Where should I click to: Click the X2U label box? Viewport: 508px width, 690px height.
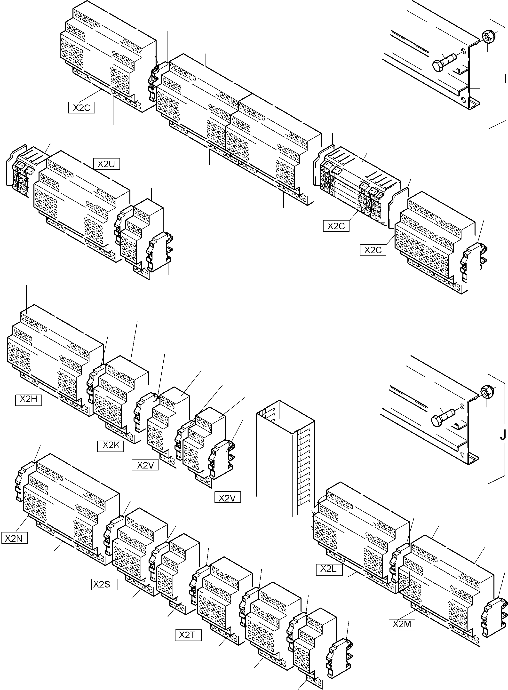106,164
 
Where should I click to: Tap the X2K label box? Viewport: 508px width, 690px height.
110,445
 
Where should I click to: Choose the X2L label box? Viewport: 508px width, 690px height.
329,569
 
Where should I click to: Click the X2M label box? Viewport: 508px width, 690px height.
402,624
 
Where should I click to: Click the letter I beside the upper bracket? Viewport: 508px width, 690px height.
505,79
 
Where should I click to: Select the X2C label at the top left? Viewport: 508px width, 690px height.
82,108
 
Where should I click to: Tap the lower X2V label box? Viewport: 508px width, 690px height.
228,497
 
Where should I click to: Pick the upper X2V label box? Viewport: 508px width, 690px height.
145,465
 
